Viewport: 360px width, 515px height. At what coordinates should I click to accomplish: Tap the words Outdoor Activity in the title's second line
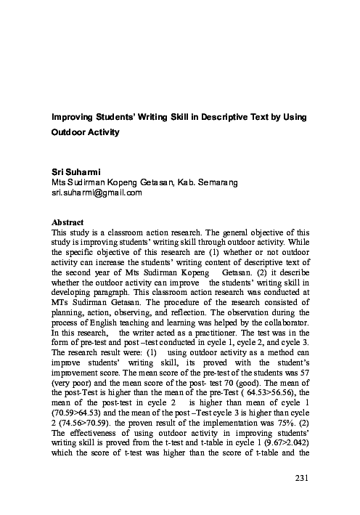pos(84,134)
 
